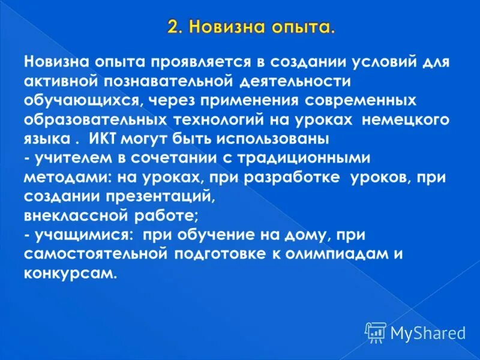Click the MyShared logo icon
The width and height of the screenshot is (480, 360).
pyautogui.click(x=376, y=332)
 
